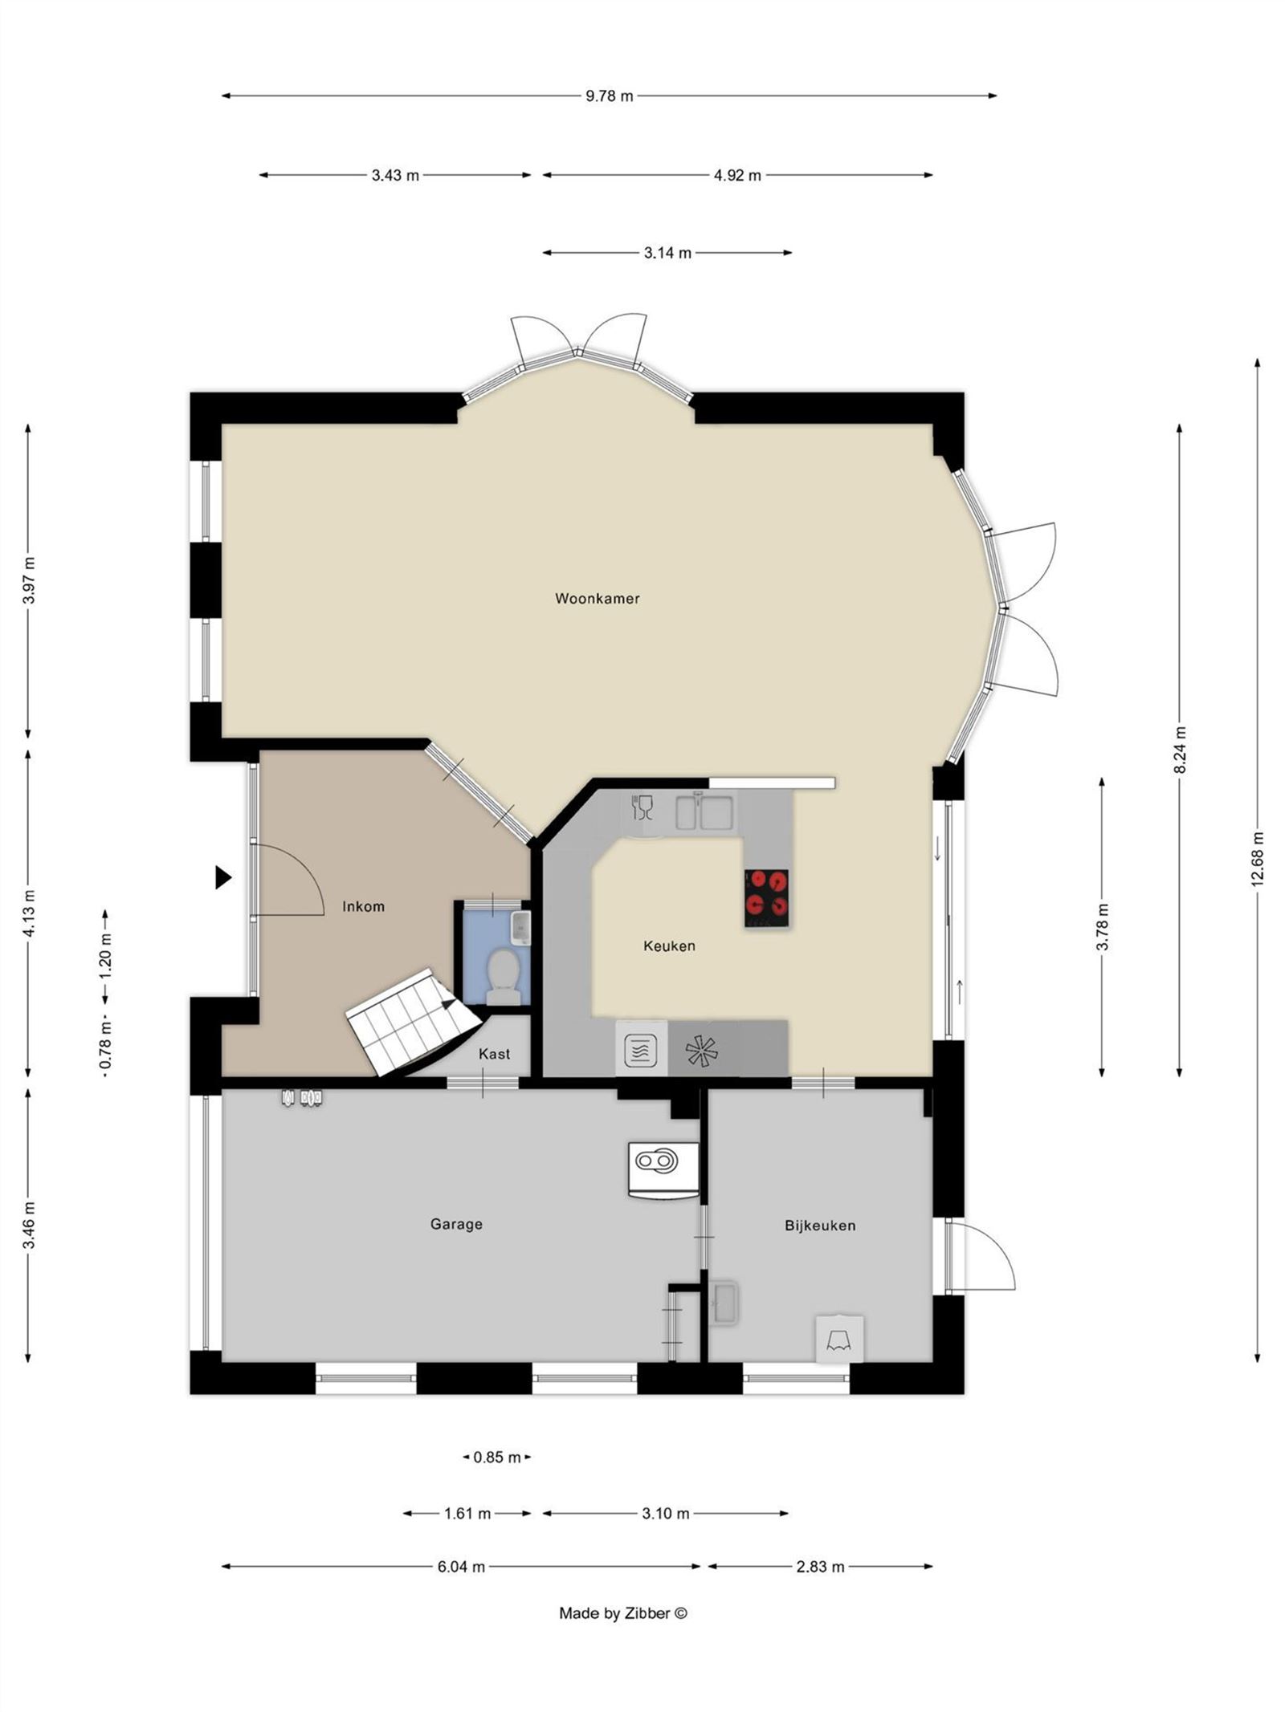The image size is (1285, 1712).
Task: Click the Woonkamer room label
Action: (x=597, y=599)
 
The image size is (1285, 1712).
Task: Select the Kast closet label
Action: (x=494, y=1054)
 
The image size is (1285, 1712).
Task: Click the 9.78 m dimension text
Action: (x=609, y=96)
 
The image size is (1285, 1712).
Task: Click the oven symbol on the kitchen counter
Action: (x=641, y=1049)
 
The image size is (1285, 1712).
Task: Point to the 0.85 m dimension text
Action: (x=497, y=1457)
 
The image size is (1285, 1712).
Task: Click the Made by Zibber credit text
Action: (x=623, y=1613)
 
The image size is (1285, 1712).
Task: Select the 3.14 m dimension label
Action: (x=667, y=253)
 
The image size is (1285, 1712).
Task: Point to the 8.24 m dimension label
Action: (x=1179, y=750)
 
